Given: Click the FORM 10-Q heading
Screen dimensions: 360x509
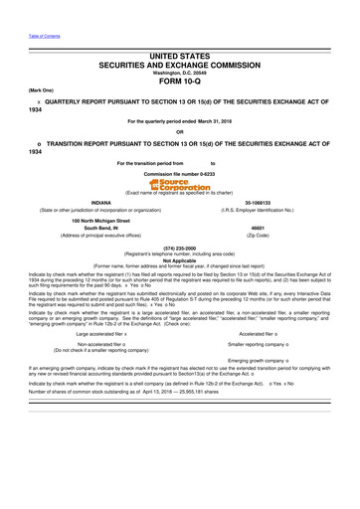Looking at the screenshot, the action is (180, 83).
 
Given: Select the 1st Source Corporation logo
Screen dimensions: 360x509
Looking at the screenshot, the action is (180, 184).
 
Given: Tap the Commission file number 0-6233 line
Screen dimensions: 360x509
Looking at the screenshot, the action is (180, 173).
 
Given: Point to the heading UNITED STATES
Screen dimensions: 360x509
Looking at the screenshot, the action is (180, 60).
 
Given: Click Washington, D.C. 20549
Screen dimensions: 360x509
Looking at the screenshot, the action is (180, 73).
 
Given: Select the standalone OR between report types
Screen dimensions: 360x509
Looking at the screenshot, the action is (180, 132).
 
